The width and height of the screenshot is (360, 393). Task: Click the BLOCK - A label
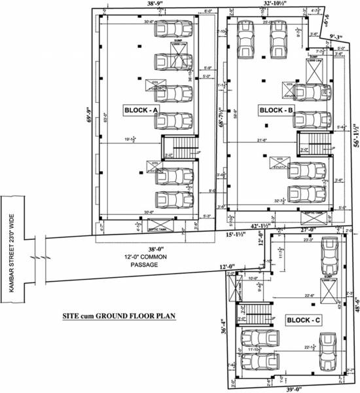coord(141,111)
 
